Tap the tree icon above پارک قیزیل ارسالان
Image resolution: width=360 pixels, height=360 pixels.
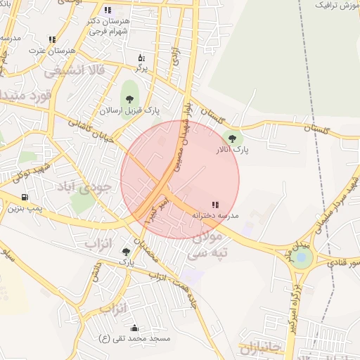pyautogui.click(x=129, y=96)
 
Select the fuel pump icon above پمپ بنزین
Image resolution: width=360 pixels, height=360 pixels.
pyautogui.click(x=26, y=198)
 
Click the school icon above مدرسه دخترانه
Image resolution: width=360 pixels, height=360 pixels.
pyautogui.click(x=214, y=204)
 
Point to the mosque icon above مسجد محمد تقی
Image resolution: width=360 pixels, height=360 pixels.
pyautogui.click(x=134, y=328)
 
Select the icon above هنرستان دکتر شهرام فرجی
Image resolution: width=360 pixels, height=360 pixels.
pyautogui.click(x=107, y=10)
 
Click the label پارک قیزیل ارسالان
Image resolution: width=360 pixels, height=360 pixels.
pyautogui.click(x=129, y=110)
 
